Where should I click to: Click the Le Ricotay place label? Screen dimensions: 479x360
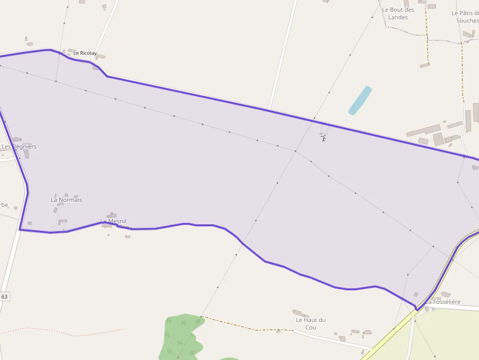pyautogui.click(x=85, y=53)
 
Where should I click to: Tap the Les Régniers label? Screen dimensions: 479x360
pyautogui.click(x=19, y=147)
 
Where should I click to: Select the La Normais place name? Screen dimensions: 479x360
pyautogui.click(x=66, y=200)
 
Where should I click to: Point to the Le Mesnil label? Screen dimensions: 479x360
pyautogui.click(x=113, y=221)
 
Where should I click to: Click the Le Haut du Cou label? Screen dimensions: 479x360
pyautogui.click(x=310, y=323)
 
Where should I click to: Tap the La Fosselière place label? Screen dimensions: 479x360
pyautogui.click(x=443, y=302)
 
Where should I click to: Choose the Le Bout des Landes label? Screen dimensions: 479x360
pyautogui.click(x=398, y=13)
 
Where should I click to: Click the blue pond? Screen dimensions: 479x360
pyautogui.click(x=360, y=100)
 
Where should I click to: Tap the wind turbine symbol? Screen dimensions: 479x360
pyautogui.click(x=323, y=138)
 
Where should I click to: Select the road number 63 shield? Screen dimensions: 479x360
pyautogui.click(x=4, y=296)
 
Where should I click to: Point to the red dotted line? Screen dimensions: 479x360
pyautogui.click(x=64, y=333)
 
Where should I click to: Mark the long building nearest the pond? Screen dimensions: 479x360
pyautogui.click(x=423, y=130)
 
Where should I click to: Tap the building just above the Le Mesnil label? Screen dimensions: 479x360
pyautogui.click(x=112, y=214)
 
